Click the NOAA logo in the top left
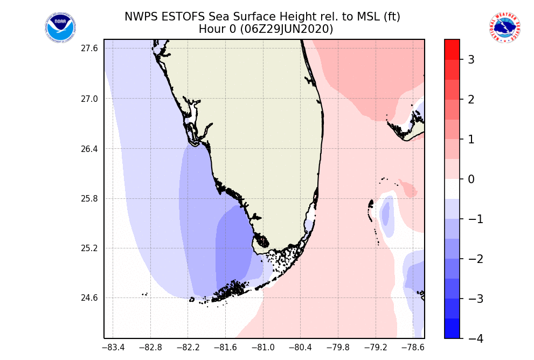pos(61,27)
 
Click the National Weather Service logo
pos(504,27)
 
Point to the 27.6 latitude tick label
pos(89,49)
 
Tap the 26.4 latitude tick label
pos(89,149)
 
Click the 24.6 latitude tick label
pos(89,298)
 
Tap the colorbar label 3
pos(470,60)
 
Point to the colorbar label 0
pos(470,179)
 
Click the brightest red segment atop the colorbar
pos(452,49)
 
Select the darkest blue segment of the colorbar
pos(452,328)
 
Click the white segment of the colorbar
pos(452,189)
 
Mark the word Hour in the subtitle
pos(211,29)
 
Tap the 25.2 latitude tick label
pos(89,248)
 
